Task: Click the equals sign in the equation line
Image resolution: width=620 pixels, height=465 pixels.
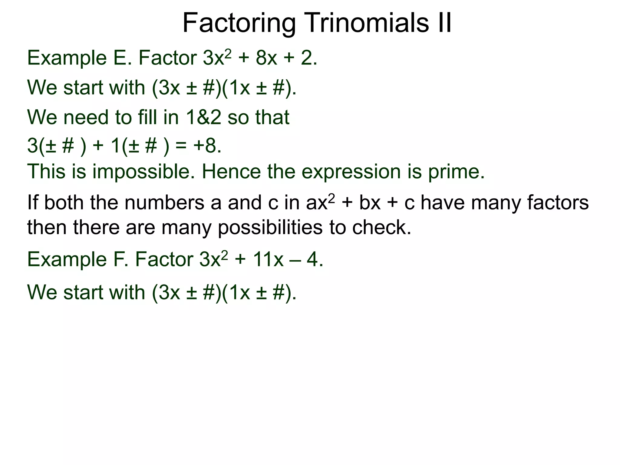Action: [x=181, y=146]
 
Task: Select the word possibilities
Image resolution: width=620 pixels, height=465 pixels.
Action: [x=270, y=228]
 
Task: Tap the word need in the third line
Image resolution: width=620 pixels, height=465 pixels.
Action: [x=86, y=117]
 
